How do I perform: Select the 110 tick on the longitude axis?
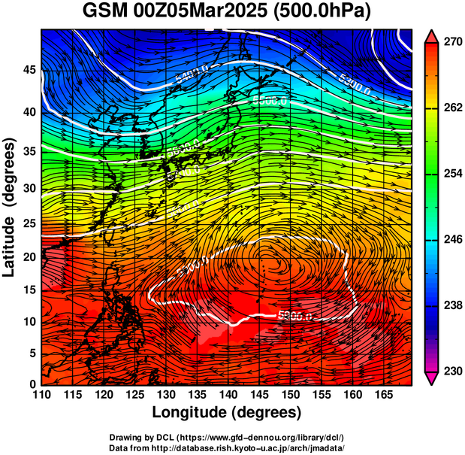pos(41,395)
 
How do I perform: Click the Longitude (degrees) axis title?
pos(227,413)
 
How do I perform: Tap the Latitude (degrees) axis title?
pos(10,207)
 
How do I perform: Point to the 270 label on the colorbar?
pos(451,43)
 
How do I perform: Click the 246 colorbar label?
pos(451,240)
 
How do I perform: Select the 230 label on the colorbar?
pos(451,371)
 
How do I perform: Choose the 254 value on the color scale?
pos(451,174)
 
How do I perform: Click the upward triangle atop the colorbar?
pos(432,35)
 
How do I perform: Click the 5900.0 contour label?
pos(294,316)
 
